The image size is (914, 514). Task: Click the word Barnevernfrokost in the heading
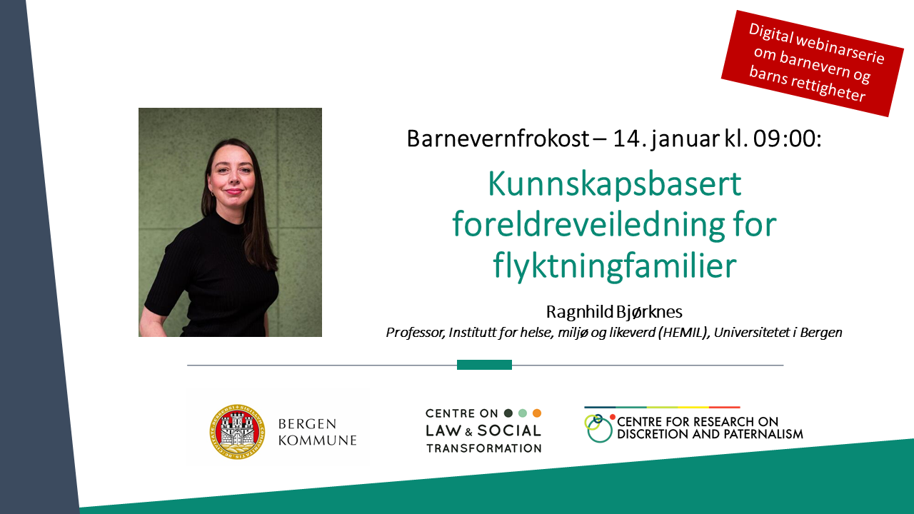tap(498, 138)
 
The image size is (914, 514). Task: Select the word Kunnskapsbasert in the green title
tap(615, 185)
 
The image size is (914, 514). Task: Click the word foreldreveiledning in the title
tap(588, 224)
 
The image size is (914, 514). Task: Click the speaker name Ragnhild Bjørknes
tap(614, 312)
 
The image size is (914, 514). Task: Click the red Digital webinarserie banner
tap(813, 64)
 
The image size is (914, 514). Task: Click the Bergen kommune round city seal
tap(237, 432)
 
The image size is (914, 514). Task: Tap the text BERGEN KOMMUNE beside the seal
tap(318, 432)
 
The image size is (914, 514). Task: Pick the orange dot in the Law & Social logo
tap(537, 413)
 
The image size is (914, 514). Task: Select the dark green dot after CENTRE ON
tap(508, 413)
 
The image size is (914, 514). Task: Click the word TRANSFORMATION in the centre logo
tap(484, 448)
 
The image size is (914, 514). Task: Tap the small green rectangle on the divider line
tap(484, 365)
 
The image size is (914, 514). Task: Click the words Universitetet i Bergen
tap(778, 333)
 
